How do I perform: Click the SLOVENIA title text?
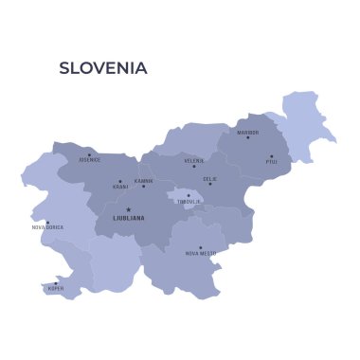103,68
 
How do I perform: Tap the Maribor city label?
247,132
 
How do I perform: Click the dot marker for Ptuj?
271,156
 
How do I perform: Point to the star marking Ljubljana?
129,210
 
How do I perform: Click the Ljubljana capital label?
129,218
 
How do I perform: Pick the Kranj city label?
120,187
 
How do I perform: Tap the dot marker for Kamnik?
144,186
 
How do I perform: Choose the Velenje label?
193,161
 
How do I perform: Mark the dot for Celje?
210,184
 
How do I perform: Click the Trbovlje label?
189,202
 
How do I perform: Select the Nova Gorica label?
47,227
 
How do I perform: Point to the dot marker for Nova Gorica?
47,222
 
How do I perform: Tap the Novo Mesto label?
201,253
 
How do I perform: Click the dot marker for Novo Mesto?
200,247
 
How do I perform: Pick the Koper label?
56,287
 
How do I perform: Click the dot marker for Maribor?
248,137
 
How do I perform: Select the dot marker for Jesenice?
89,154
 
